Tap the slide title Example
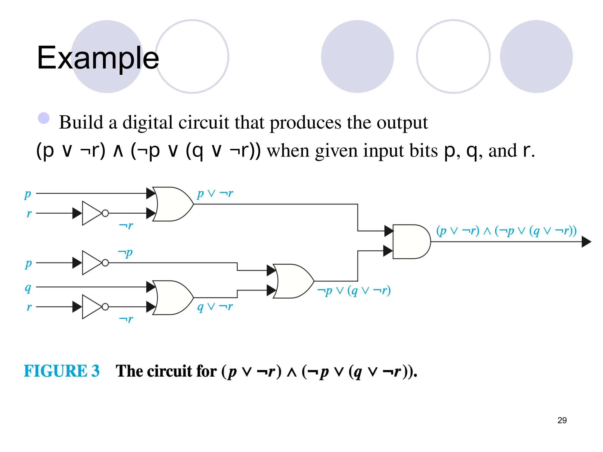pyautogui.click(x=98, y=58)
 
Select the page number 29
pyautogui.click(x=562, y=420)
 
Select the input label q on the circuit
pyautogui.click(x=28, y=288)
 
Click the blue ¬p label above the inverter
pyautogui.click(x=125, y=253)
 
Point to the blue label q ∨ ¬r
pyautogui.click(x=215, y=307)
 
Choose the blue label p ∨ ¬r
pyautogui.click(x=215, y=194)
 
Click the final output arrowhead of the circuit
pyautogui.click(x=586, y=242)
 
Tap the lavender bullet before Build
pyautogui.click(x=44, y=118)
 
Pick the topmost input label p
pyautogui.click(x=28, y=194)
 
